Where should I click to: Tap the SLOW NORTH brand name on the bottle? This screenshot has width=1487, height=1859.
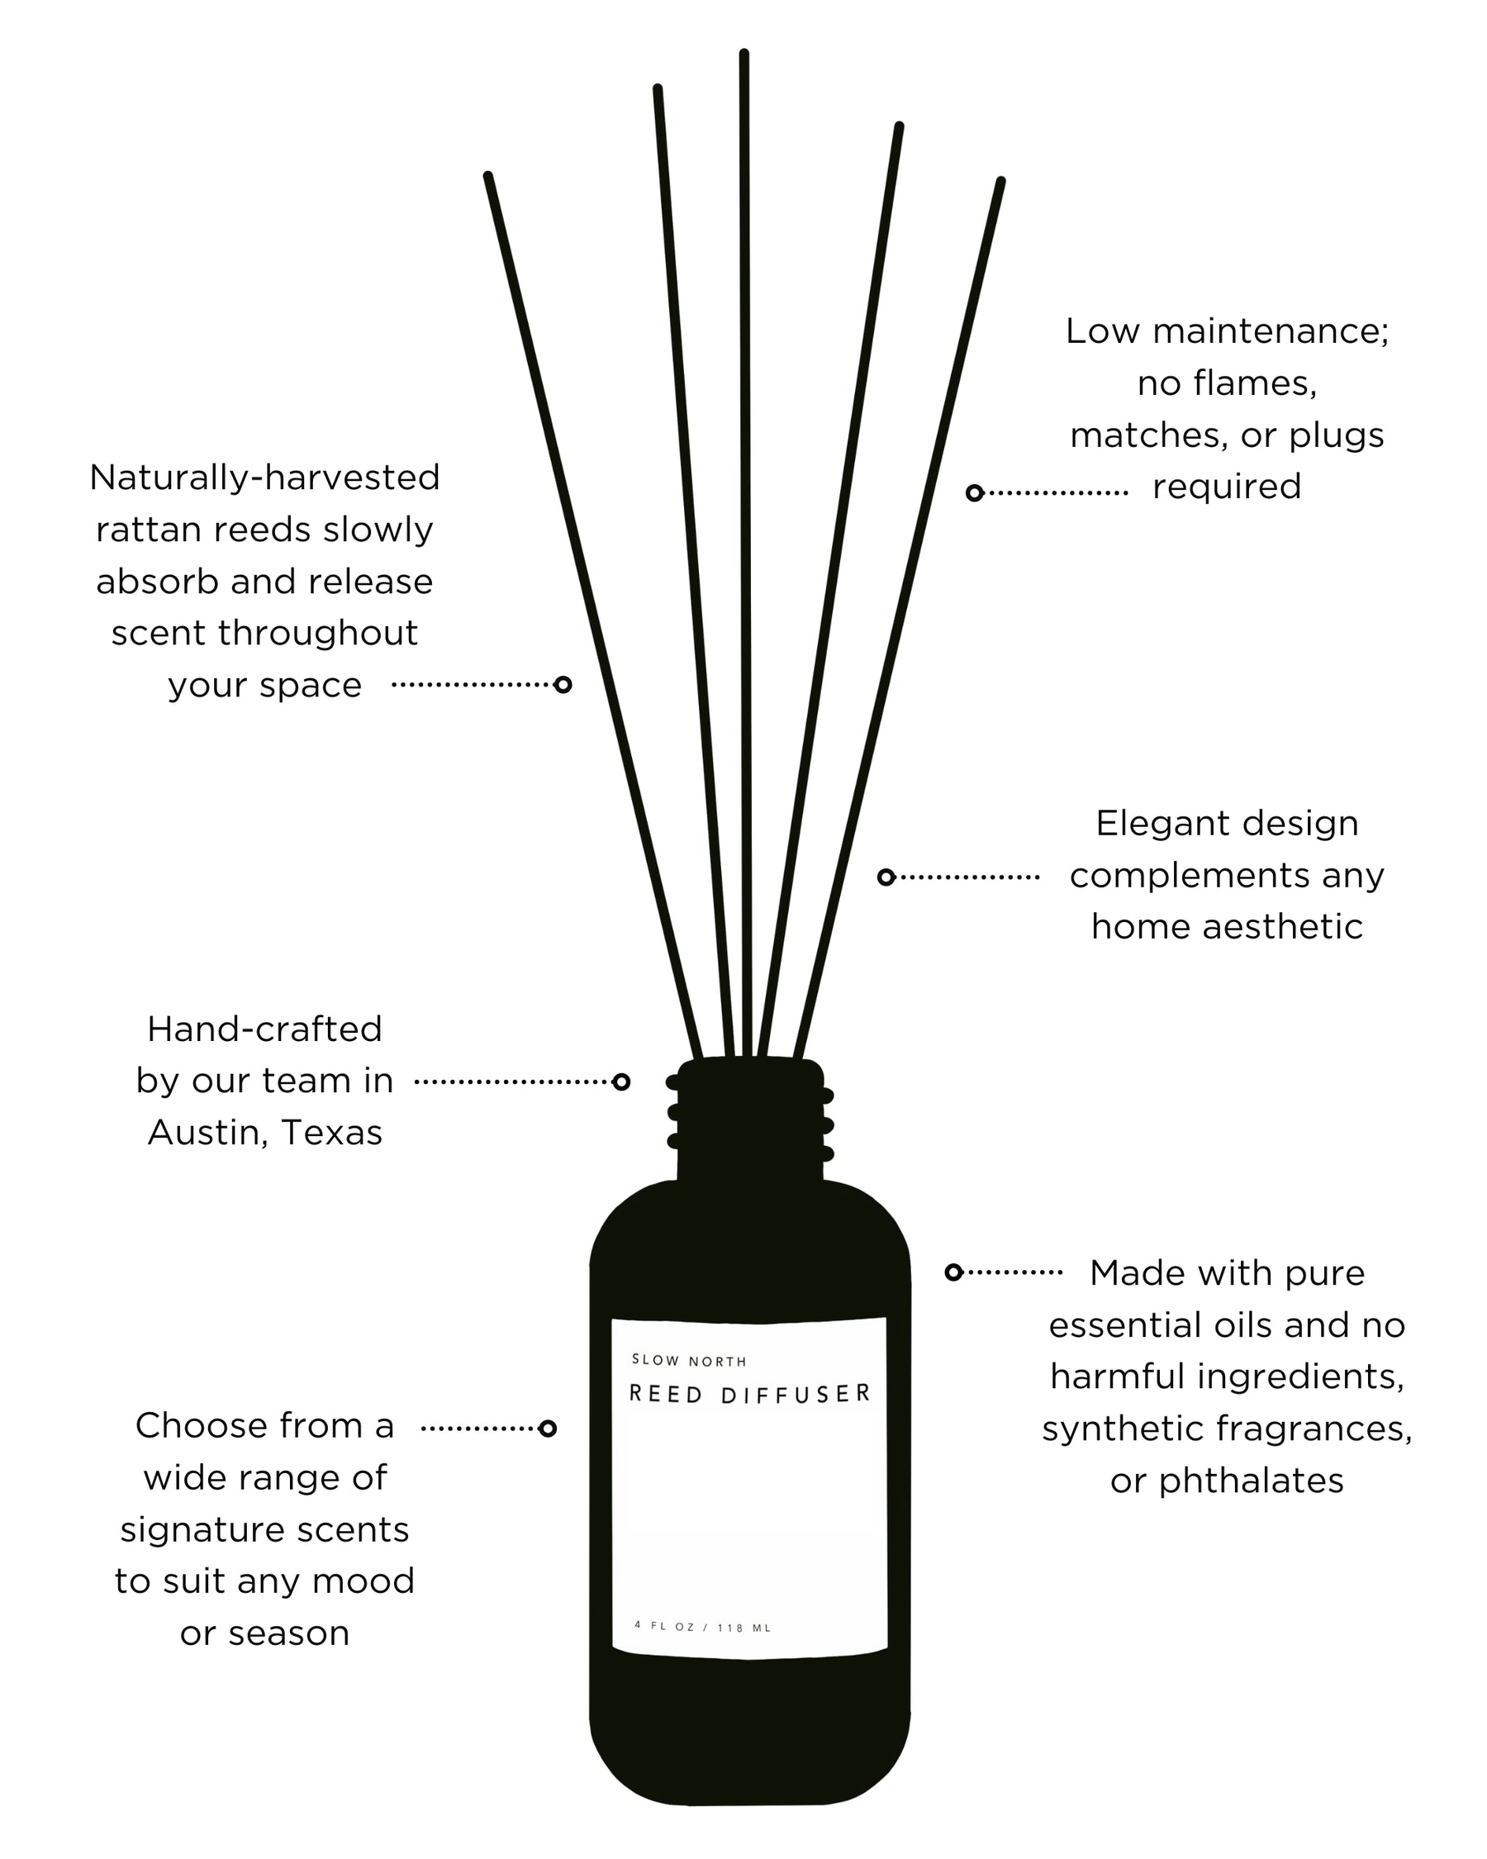(x=689, y=1361)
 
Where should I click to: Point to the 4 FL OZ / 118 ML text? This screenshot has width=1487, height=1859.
(x=702, y=1627)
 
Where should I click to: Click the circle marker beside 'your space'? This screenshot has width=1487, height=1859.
(x=563, y=685)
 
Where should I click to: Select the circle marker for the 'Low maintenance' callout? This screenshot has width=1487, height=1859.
(x=974, y=493)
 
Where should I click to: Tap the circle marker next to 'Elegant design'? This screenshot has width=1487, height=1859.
(x=886, y=877)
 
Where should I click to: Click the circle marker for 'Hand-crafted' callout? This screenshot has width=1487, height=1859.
(x=620, y=1082)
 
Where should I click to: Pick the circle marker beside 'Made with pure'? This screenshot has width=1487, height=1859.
(x=953, y=1272)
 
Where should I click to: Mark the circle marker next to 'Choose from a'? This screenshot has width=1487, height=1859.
(x=548, y=1429)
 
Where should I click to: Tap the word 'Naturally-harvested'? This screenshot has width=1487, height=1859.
(x=264, y=477)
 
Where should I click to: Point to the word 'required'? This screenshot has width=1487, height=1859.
(x=1227, y=487)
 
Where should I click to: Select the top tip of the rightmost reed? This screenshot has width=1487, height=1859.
(x=1000, y=182)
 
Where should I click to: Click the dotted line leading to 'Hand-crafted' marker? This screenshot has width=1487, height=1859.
(x=512, y=1082)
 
